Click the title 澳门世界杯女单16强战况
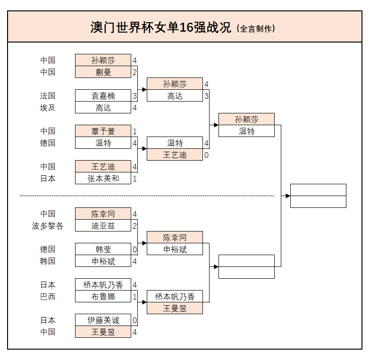160,27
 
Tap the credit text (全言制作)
255,28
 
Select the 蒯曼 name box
103,72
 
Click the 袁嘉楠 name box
103,95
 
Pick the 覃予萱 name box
103,131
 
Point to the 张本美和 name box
103,178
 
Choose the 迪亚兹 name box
103,225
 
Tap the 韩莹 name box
103,249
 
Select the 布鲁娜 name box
103,296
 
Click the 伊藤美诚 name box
103,320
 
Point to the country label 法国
48,95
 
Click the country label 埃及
48,107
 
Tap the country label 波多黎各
48,225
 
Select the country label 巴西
48,296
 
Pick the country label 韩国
48,261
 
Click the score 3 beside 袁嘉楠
135,96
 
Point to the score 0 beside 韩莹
135,249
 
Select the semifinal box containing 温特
246,131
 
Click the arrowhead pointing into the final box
287,196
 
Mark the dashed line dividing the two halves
146,196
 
